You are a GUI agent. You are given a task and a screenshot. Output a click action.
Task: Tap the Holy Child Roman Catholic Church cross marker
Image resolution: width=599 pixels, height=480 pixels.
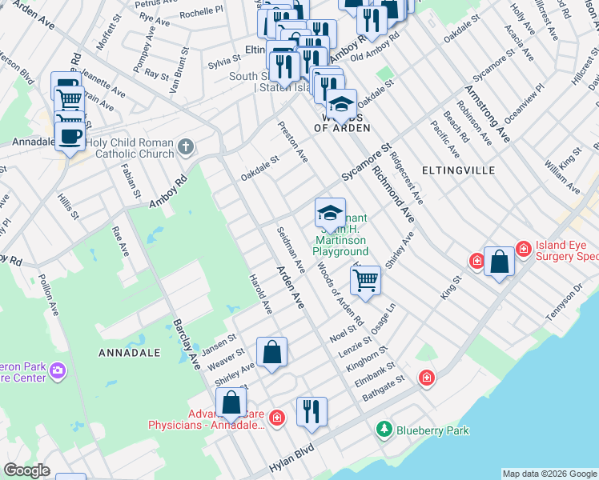(x=186, y=146)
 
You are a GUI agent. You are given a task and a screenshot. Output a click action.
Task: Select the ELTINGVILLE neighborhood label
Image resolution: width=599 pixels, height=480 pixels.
(x=461, y=170)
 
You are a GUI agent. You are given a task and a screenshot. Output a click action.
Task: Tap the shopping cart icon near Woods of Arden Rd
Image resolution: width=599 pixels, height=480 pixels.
(x=365, y=281)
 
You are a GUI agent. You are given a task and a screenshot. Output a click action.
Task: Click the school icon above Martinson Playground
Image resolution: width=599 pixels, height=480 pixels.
(x=329, y=214)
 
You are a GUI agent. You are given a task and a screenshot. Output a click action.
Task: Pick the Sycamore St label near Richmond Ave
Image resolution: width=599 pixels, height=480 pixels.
(x=365, y=162)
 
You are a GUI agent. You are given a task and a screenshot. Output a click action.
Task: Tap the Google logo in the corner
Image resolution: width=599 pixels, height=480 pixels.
(x=26, y=470)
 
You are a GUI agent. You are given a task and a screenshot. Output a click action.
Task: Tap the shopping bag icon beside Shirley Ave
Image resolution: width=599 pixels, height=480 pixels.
(x=271, y=351)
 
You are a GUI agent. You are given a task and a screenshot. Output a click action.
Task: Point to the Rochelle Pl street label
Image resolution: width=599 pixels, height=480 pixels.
(x=202, y=14)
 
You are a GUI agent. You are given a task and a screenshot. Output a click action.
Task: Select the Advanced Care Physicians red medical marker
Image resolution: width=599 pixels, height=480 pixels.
(x=276, y=418)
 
